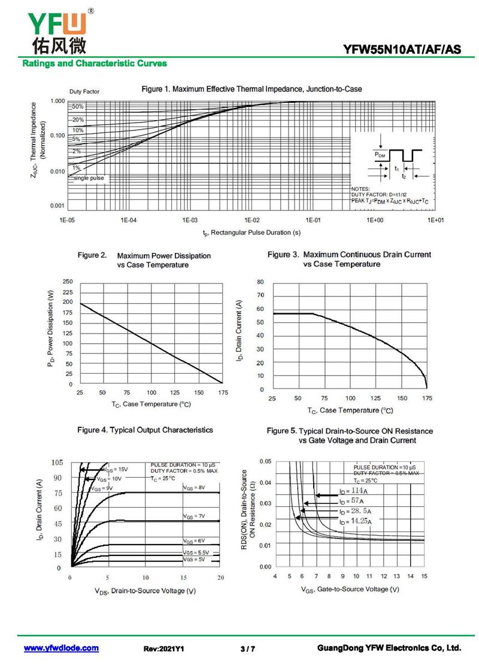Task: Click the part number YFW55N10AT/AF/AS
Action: click(402, 50)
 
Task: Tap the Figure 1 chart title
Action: click(251, 90)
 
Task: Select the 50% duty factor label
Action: click(78, 106)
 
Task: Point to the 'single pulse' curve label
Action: click(88, 178)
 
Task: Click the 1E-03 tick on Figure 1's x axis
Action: click(190, 220)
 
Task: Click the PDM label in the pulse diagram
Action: click(380, 155)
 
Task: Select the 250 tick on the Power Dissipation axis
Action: click(68, 282)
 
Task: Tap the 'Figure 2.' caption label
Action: click(92, 255)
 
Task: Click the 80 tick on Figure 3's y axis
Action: click(260, 282)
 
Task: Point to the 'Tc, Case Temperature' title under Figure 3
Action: click(350, 411)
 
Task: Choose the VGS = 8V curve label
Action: click(193, 488)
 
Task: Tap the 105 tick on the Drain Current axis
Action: click(57, 463)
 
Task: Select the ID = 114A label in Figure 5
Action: click(353, 491)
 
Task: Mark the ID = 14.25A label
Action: click(355, 521)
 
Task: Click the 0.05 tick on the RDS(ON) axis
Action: click(265, 462)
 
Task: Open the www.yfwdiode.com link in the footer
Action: click(61, 648)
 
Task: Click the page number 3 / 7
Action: click(247, 649)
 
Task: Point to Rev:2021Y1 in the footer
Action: click(163, 649)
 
